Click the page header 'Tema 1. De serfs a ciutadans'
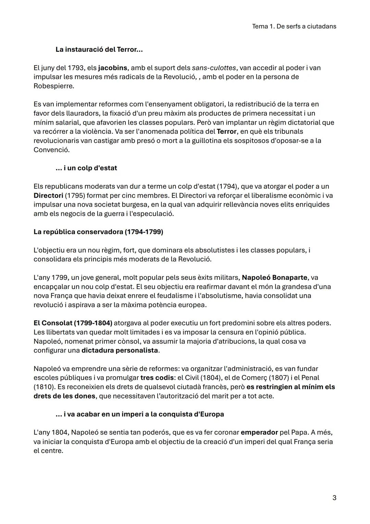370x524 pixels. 294,26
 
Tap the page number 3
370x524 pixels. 334,498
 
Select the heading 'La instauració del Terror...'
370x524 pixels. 99,49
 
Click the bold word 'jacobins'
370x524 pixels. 112,68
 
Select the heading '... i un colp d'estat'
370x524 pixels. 86,168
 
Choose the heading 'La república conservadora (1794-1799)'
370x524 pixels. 98,232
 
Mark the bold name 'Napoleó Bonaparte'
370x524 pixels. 275,278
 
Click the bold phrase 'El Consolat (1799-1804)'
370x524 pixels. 73,323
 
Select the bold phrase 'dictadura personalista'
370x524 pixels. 120,351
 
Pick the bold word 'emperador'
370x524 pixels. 259,432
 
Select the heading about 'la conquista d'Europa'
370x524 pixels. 139,414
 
